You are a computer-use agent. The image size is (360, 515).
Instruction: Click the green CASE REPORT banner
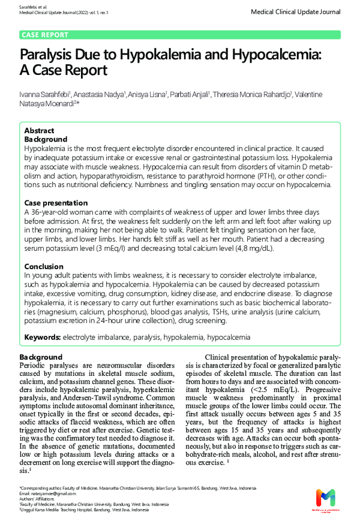pyautogui.click(x=45, y=35)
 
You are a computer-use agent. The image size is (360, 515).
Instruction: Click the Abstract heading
pyautogui.click(x=39, y=131)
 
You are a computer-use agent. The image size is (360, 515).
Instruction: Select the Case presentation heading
pyautogui.click(x=56, y=203)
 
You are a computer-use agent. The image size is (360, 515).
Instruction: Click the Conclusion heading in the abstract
pyautogui.click(x=44, y=266)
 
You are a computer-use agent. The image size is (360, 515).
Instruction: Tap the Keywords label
pyautogui.click(x=42, y=338)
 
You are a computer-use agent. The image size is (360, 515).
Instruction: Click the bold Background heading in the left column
pyautogui.click(x=41, y=357)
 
